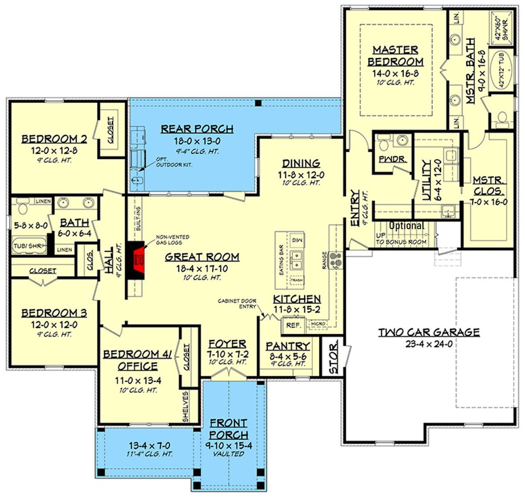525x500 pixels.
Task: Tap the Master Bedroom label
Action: pos(395,56)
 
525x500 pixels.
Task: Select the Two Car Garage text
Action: pos(429,332)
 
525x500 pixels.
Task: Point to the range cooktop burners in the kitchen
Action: pos(336,260)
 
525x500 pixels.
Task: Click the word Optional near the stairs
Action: pos(406,225)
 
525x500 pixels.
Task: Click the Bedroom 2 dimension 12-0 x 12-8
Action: pos(54,151)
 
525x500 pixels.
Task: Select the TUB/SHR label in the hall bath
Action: pos(27,246)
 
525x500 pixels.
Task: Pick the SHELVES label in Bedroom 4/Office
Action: pos(185,406)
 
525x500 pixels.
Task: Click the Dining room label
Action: pos(301,163)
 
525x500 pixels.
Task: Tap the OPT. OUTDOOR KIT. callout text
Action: pos(174,162)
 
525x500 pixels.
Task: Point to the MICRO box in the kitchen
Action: pos(318,324)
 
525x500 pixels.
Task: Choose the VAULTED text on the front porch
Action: pos(228,454)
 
